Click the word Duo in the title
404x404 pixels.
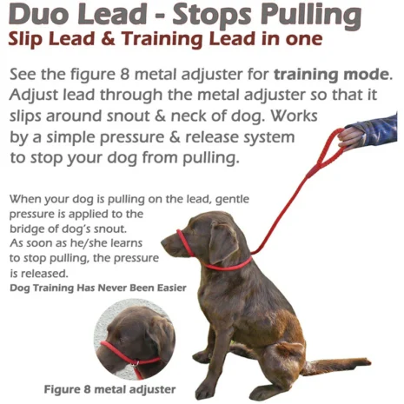tap(39, 14)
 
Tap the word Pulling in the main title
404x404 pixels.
tap(311, 16)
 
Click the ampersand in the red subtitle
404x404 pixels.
tap(109, 39)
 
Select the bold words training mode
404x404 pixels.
tap(333, 75)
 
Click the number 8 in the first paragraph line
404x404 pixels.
tap(123, 75)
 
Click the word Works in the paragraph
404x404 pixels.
tap(294, 116)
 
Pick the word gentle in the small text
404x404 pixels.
tap(232, 199)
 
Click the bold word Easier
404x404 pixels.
tap(172, 288)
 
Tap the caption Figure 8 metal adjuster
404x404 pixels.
tap(109, 389)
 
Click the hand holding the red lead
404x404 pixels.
tap(349, 138)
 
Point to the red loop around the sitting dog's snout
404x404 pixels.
tap(184, 242)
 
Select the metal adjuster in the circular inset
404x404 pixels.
tap(136, 363)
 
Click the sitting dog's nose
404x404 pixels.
tap(163, 242)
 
